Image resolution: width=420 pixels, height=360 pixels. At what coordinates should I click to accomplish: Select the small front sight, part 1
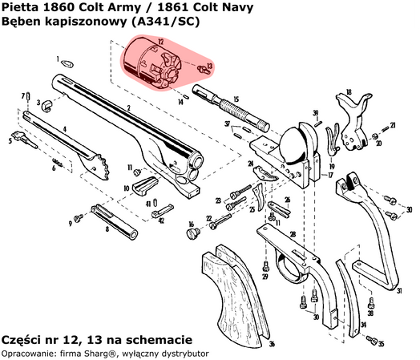(x=69, y=63)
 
